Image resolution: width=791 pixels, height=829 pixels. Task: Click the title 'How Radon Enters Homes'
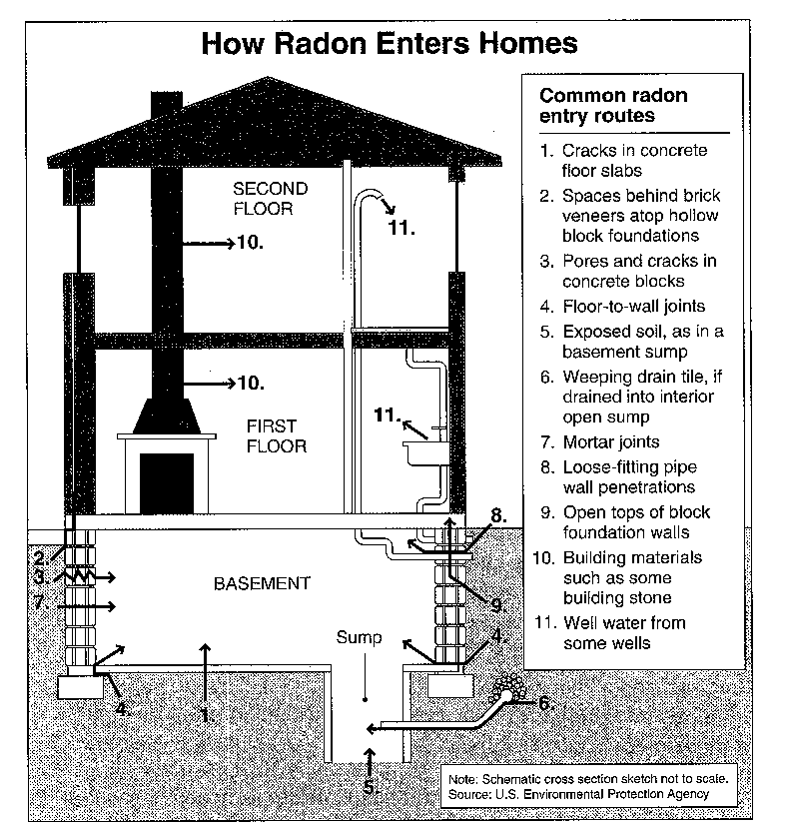click(390, 43)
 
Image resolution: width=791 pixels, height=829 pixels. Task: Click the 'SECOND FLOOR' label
click(271, 199)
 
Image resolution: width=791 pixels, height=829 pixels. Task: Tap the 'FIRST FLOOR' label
click(276, 436)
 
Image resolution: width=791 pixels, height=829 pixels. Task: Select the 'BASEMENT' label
click(262, 583)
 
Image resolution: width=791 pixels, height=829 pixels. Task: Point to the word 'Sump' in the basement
click(359, 637)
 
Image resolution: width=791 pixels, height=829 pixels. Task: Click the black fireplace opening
click(167, 483)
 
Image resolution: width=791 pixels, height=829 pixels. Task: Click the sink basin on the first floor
click(426, 453)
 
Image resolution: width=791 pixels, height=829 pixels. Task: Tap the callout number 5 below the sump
click(371, 787)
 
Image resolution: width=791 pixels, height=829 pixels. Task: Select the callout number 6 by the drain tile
click(546, 704)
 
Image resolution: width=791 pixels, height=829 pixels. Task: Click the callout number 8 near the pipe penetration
click(498, 515)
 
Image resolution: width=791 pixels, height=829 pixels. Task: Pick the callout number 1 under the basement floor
click(207, 715)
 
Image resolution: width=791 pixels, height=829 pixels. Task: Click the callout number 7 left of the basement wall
click(40, 602)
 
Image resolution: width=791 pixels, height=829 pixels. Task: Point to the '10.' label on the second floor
click(250, 242)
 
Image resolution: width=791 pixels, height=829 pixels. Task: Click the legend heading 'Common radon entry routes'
click(613, 105)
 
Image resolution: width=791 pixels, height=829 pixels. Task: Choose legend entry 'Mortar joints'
click(610, 442)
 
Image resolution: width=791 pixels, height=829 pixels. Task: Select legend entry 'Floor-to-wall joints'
click(633, 306)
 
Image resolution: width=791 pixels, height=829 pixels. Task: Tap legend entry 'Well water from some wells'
click(624, 633)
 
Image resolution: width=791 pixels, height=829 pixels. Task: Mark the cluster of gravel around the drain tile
click(508, 687)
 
